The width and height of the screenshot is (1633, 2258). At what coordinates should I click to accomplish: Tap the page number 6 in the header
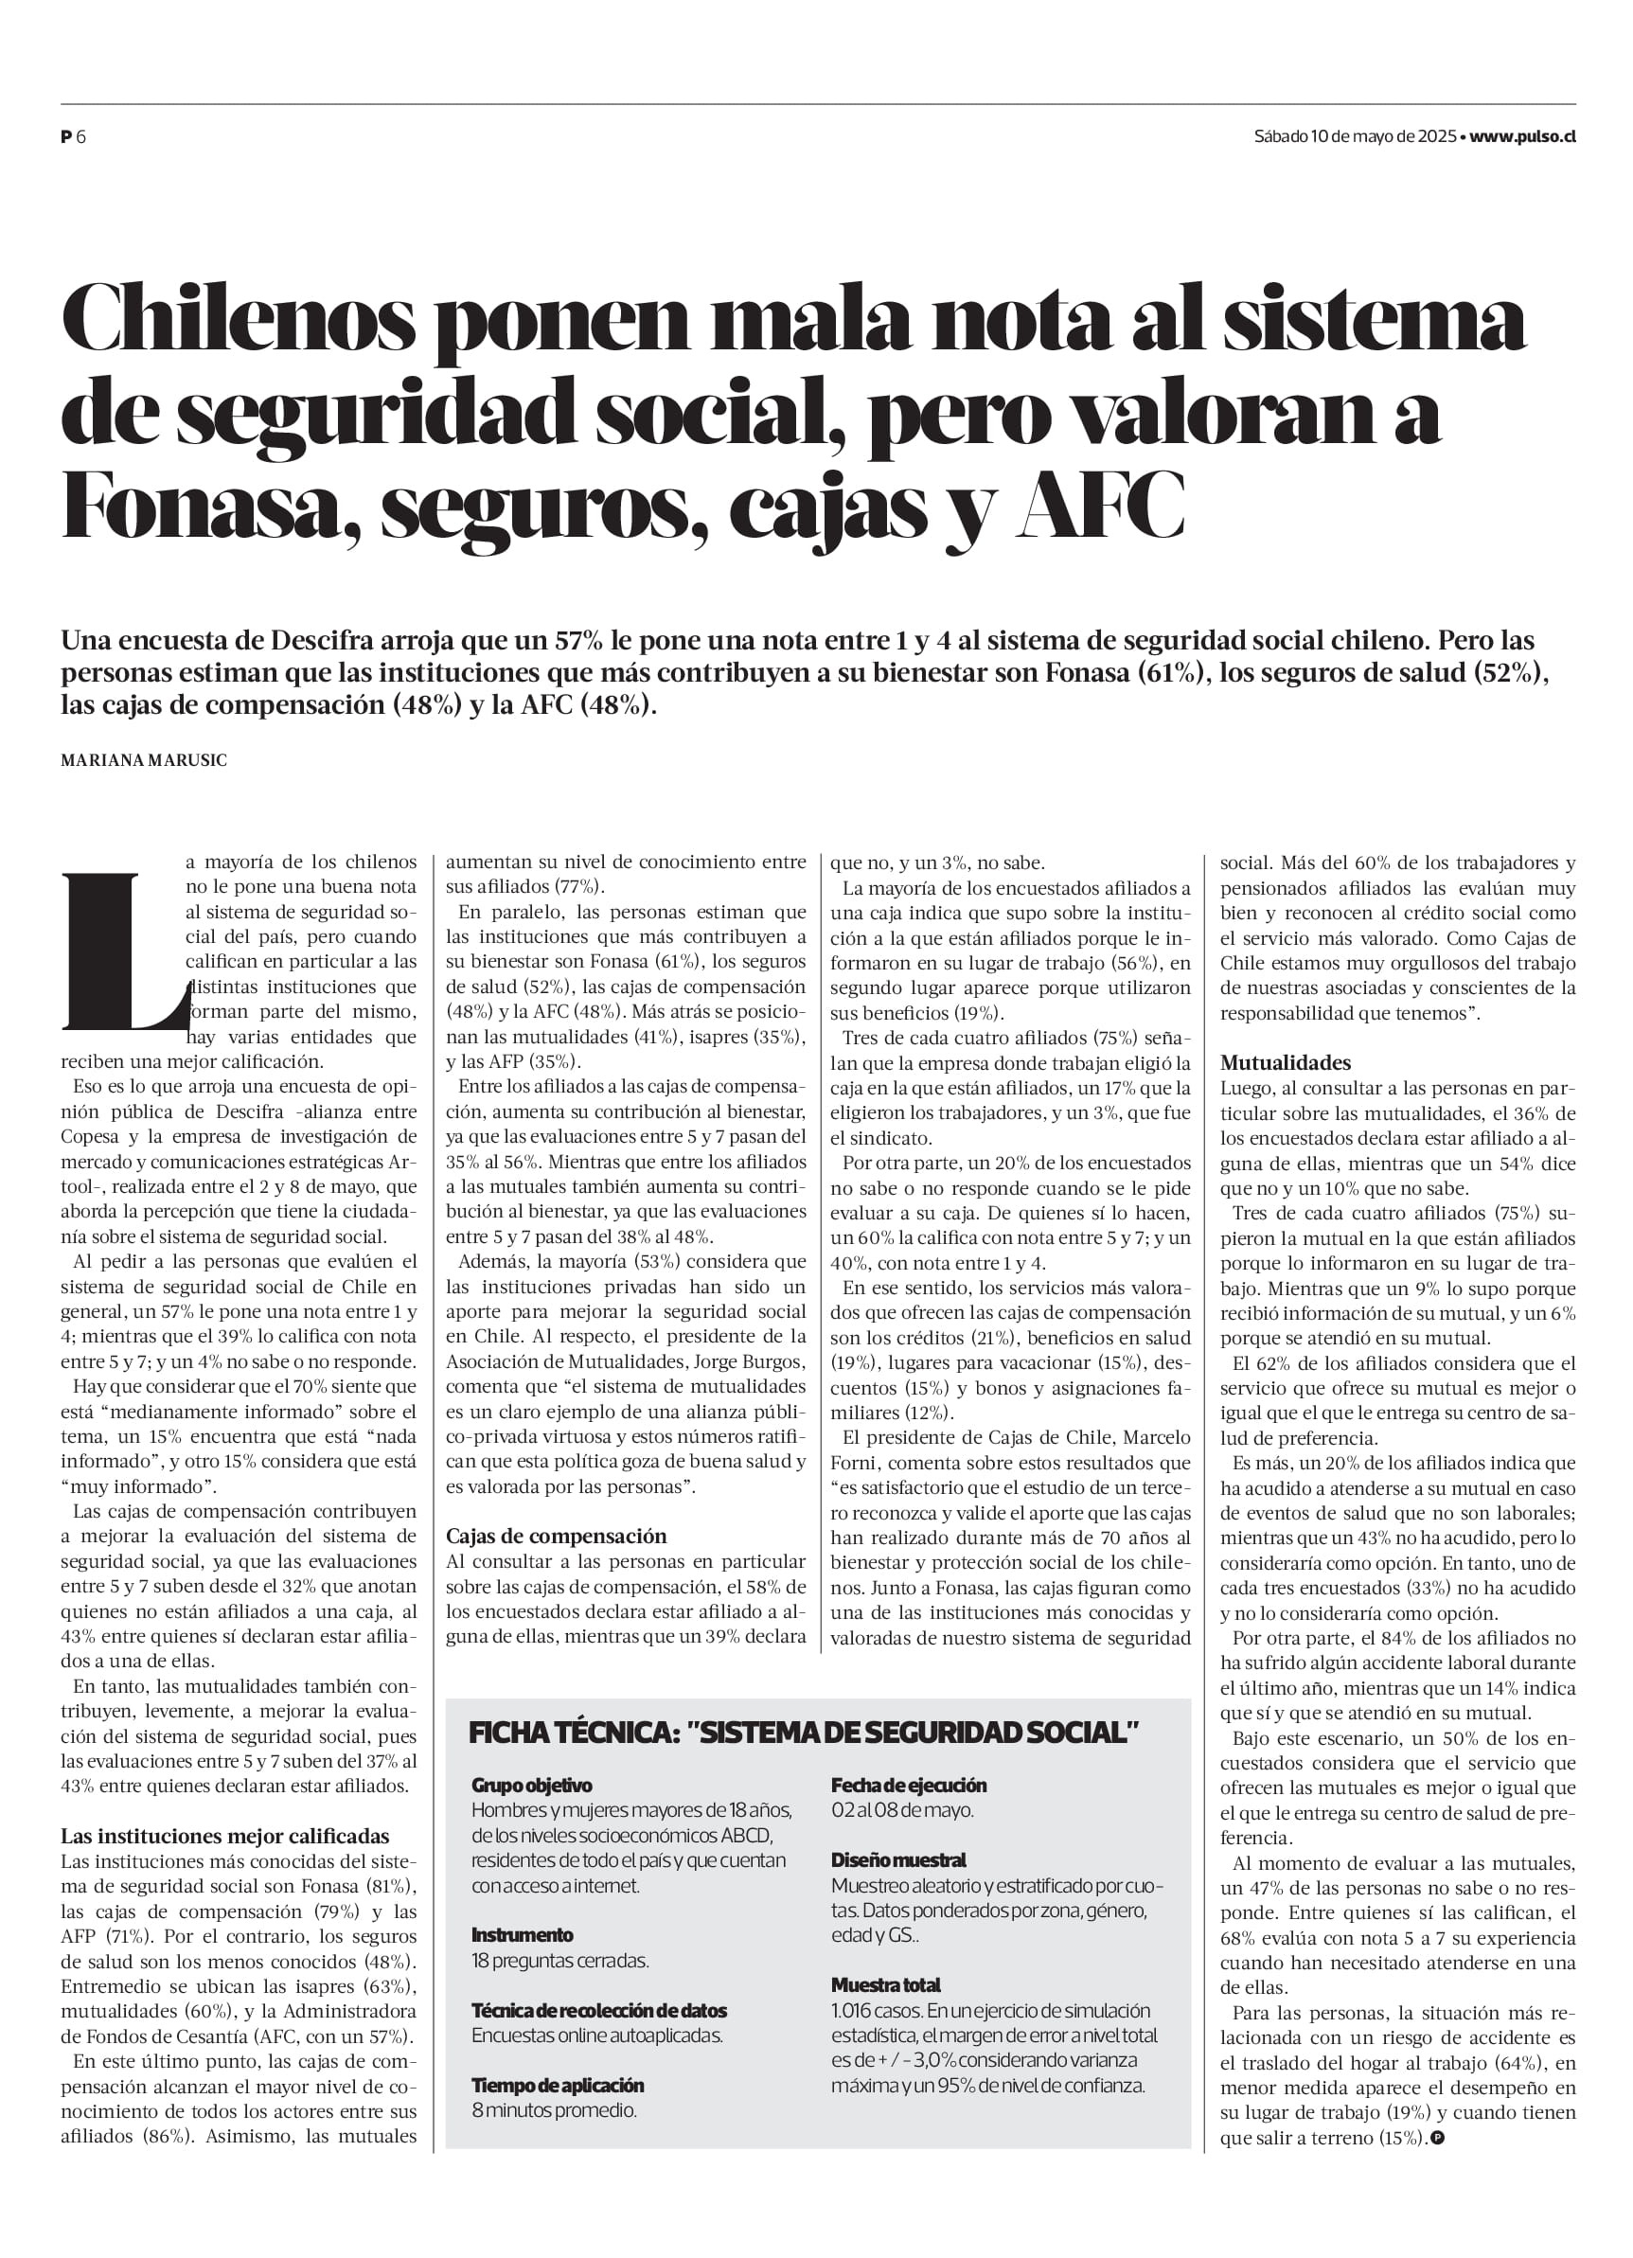tap(80, 137)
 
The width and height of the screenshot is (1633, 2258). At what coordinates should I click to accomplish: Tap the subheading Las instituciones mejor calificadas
tap(225, 1836)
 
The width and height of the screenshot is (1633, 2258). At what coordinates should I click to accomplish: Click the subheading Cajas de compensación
tap(556, 1536)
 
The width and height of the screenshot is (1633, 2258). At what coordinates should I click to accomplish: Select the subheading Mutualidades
tap(1286, 1062)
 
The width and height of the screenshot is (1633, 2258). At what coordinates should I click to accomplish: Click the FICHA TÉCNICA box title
tap(804, 1733)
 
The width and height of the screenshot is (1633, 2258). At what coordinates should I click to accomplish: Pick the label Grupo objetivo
tap(532, 1785)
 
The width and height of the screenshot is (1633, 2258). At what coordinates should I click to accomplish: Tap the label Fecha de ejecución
tap(908, 1785)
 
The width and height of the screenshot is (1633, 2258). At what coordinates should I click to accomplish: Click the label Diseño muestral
tap(898, 1859)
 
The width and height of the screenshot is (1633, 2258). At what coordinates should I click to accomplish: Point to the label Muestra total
tap(885, 1984)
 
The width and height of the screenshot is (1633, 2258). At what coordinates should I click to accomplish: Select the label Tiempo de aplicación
tap(558, 2085)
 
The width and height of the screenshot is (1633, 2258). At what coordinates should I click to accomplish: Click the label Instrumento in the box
tap(522, 1934)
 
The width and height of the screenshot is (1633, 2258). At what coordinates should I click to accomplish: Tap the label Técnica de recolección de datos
tap(598, 2010)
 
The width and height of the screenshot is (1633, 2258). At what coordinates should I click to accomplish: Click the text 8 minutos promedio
tap(554, 2109)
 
